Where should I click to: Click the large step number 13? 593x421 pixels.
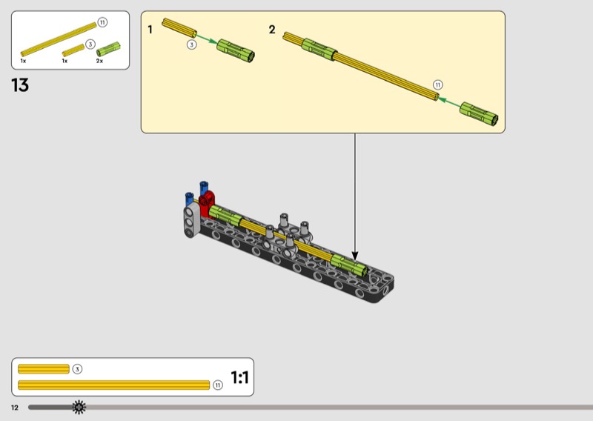20,85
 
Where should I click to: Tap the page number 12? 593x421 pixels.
15,408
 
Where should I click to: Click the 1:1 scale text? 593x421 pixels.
239,377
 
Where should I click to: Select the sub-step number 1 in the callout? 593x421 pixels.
150,30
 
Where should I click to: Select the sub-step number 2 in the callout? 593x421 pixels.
272,30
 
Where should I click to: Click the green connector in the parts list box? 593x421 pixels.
108,49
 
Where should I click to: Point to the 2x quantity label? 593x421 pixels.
99,61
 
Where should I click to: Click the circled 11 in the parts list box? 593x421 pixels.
102,22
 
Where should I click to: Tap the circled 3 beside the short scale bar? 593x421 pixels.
77,369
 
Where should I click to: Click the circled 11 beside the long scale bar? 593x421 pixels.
217,385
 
